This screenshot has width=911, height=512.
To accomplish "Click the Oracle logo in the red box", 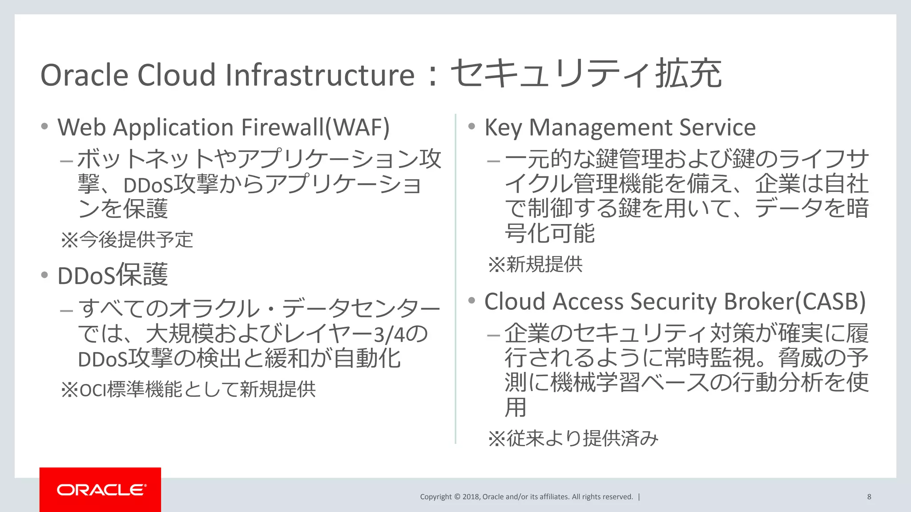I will tap(101, 490).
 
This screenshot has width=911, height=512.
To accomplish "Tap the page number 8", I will tap(869, 497).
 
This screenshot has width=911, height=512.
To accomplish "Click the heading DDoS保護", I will tap(113, 275).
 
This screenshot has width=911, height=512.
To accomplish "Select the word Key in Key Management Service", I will tap(503, 128).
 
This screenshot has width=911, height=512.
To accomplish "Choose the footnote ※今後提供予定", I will tap(127, 240).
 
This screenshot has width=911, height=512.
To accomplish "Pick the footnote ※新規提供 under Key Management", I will tap(535, 264).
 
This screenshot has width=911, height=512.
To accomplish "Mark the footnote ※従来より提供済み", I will tap(573, 439).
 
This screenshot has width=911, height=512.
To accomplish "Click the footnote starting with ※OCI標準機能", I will tap(188, 389).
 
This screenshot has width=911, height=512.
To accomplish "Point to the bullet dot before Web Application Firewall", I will tap(44, 127).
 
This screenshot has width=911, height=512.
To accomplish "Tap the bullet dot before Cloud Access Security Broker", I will tap(472, 301).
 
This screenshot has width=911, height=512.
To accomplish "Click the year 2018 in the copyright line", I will tap(471, 497).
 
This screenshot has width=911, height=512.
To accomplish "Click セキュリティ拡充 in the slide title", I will tap(586, 74).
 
